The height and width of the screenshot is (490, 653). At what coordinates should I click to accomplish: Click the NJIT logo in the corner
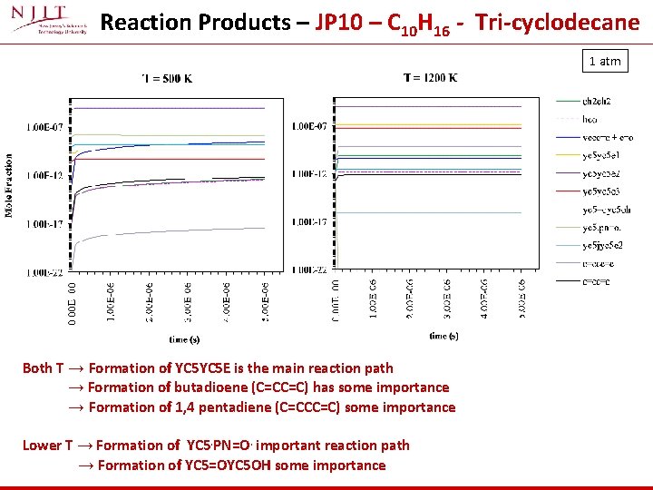(x=47, y=22)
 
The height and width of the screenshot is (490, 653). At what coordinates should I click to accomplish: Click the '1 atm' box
(x=605, y=61)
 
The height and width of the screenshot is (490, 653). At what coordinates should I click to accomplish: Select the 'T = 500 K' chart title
(x=168, y=78)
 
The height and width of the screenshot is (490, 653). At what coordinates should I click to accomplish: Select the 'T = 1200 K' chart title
(x=430, y=78)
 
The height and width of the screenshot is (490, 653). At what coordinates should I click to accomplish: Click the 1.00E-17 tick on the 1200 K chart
(x=309, y=222)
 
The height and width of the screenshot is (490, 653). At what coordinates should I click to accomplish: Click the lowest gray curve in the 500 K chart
(x=181, y=231)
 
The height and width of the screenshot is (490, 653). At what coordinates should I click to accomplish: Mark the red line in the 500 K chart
(x=181, y=160)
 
